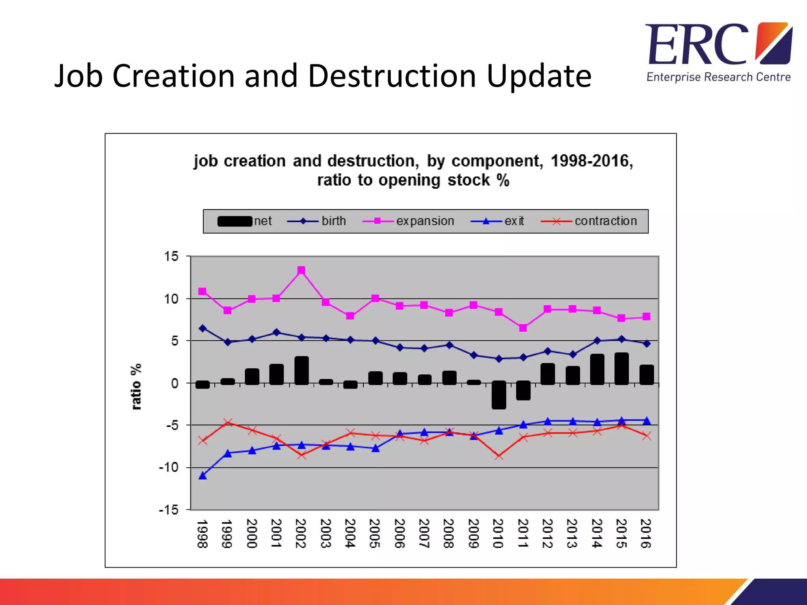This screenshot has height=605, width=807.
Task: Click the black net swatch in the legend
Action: (235, 221)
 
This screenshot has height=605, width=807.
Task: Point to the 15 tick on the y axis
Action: (171, 256)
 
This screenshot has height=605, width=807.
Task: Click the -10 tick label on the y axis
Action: (169, 468)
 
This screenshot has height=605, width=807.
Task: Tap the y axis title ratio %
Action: (136, 387)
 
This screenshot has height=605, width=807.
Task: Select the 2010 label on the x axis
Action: (498, 533)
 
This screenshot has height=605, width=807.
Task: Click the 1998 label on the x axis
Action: (203, 533)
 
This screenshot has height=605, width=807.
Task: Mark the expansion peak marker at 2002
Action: (301, 270)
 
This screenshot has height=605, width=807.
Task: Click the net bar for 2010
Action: (499, 395)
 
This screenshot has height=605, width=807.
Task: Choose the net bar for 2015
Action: (622, 369)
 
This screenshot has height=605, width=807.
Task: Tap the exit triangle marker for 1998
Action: (203, 476)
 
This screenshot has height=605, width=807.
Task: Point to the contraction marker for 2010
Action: (499, 456)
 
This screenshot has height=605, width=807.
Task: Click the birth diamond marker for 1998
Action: (203, 328)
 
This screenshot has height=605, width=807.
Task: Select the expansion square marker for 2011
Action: (523, 328)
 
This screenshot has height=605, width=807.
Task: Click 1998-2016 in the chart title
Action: (591, 161)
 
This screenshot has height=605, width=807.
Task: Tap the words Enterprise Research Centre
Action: (718, 77)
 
